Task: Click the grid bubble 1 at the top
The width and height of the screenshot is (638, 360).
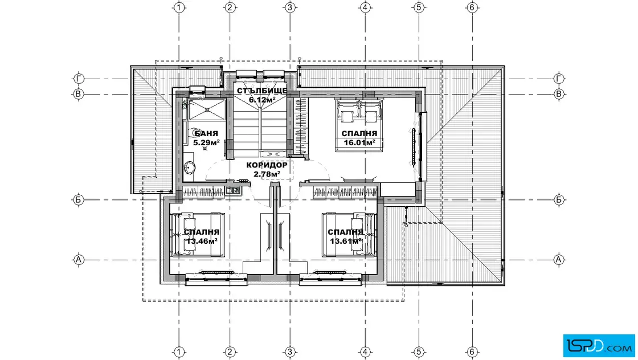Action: point(179,7)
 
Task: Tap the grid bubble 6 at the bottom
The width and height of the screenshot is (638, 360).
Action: point(472,351)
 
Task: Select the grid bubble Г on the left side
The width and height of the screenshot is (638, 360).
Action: point(78,79)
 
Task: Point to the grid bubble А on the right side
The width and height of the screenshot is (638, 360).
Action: point(559,260)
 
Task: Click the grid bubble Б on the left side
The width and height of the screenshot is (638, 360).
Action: point(78,200)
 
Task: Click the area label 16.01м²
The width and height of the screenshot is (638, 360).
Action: point(359,142)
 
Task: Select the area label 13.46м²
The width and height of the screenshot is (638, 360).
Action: point(202,241)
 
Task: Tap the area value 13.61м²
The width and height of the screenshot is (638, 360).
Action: point(346,241)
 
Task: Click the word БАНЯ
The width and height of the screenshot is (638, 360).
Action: point(206,133)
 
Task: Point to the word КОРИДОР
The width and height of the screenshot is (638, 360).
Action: point(267,165)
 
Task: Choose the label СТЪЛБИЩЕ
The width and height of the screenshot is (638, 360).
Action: point(262,91)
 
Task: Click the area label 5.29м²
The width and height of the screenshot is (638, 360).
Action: point(206,142)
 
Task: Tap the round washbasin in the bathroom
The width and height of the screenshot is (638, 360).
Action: point(190,167)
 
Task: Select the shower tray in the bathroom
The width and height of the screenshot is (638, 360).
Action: point(207,109)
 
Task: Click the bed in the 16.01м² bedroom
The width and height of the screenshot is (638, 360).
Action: point(359,125)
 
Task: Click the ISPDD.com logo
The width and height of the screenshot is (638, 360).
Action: point(599,346)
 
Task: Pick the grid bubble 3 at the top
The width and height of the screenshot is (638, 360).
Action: point(290,7)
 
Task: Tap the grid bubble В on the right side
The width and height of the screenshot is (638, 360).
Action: point(559,94)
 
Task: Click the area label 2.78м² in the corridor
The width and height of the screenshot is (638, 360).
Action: point(267,174)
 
